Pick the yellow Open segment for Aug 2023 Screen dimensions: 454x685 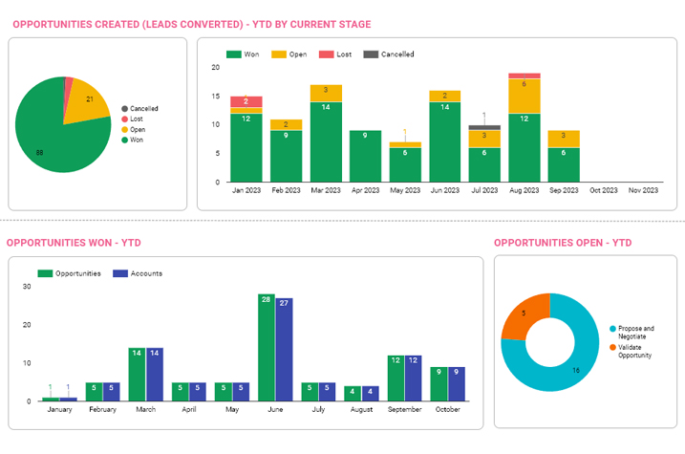tap(524, 96)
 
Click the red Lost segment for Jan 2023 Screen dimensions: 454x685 tap(246, 101)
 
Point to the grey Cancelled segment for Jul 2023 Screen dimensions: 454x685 tap(484, 127)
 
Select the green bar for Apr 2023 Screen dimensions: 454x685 tap(365, 156)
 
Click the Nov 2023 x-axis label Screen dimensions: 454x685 tap(642, 191)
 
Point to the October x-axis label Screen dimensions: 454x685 tap(448, 411)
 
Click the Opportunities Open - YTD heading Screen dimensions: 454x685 tap(562, 243)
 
